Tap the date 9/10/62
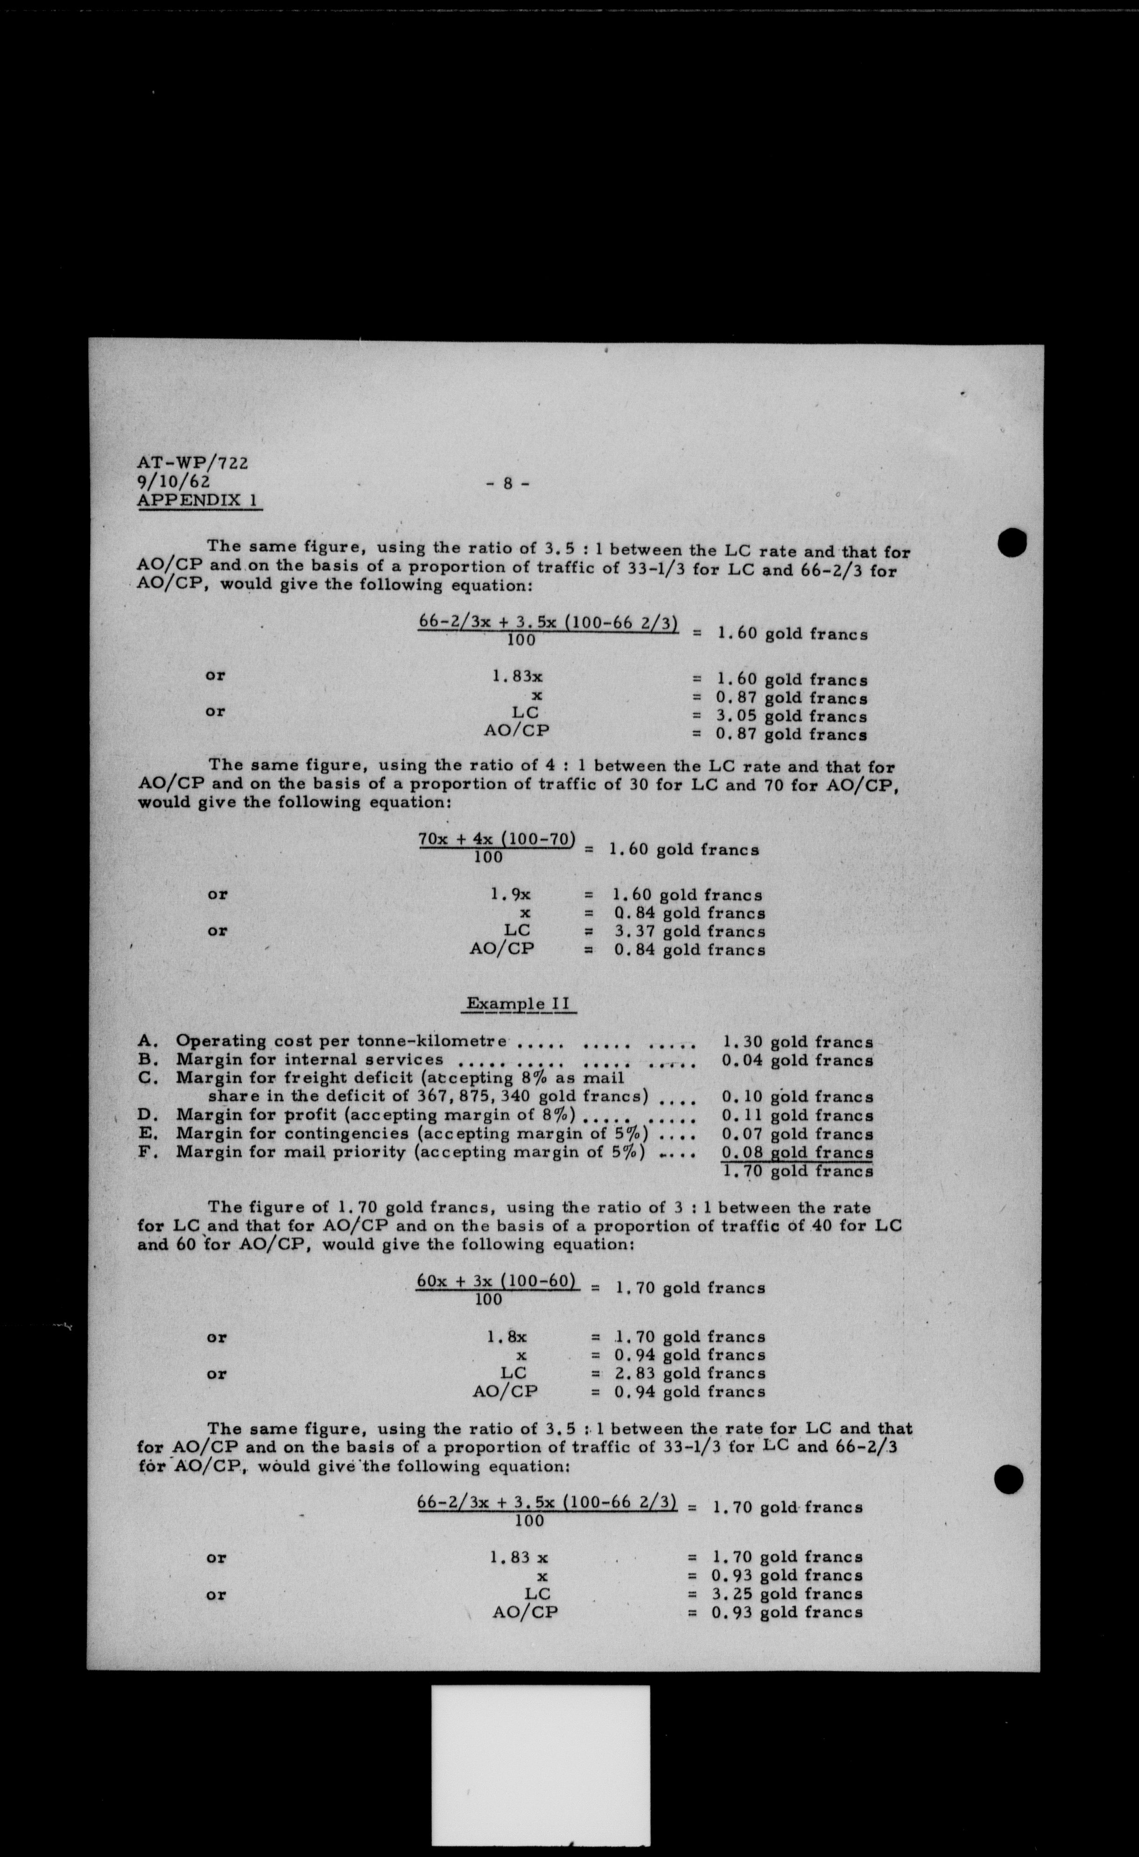point(173,481)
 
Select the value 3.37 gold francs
point(689,931)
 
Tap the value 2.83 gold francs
point(689,1373)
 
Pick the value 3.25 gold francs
point(787,1594)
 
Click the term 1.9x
point(511,894)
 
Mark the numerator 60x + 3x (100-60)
point(497,1281)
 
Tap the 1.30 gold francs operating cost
point(797,1042)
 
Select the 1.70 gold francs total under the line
point(797,1171)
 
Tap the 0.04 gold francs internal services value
point(797,1060)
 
